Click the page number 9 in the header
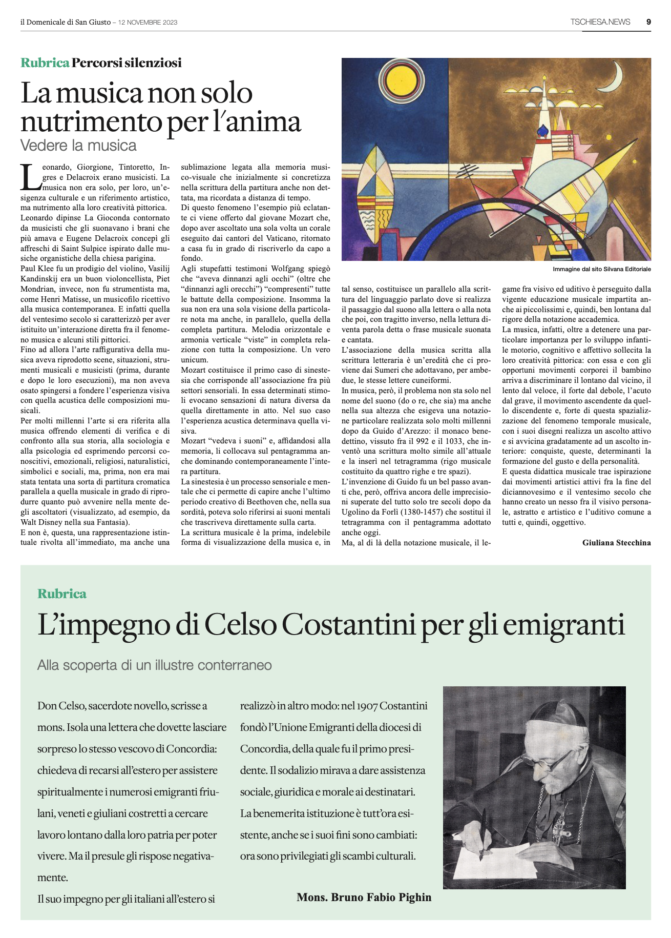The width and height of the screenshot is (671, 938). tap(648, 22)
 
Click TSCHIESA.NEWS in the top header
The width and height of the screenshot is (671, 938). tap(600, 22)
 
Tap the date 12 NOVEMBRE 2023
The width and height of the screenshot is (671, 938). tap(148, 23)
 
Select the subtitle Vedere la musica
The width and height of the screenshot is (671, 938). tap(78, 146)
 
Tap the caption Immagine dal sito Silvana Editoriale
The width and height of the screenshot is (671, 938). tap(601, 269)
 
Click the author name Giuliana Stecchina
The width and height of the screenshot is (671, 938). tap(616, 543)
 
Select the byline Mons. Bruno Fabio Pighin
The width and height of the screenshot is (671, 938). tap(364, 898)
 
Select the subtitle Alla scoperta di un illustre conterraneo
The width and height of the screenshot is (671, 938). tap(154, 665)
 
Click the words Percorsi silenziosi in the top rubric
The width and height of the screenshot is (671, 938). tap(127, 63)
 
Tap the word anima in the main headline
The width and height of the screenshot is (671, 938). tap(266, 122)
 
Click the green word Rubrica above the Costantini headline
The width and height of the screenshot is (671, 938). tap(62, 594)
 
